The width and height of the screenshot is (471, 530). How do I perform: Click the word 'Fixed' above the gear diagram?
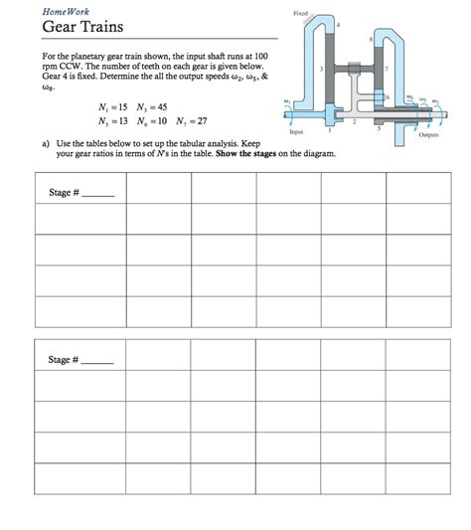pyautogui.click(x=301, y=13)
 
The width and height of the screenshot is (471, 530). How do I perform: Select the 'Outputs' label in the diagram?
pyautogui.click(x=429, y=134)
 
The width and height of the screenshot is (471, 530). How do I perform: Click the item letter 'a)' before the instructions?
pyautogui.click(x=47, y=143)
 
